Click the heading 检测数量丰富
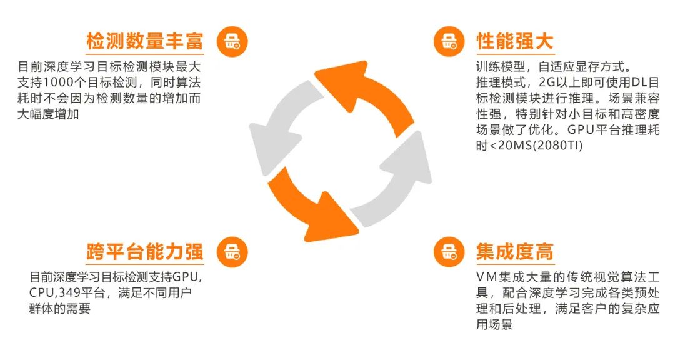click(x=144, y=42)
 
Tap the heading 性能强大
click(x=514, y=42)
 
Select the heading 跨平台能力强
click(x=144, y=252)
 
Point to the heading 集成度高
click(x=514, y=252)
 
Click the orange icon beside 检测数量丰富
click(x=232, y=42)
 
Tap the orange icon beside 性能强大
click(x=449, y=42)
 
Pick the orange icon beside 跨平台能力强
click(x=232, y=252)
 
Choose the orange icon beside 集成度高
click(x=449, y=252)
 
